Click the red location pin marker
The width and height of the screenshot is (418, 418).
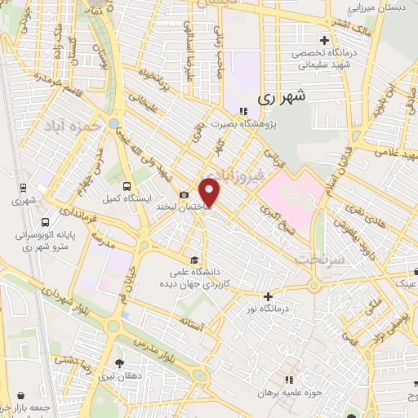click(210, 191)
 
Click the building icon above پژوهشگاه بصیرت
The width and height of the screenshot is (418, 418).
click(242, 111)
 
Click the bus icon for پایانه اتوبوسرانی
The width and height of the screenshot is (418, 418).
click(43, 220)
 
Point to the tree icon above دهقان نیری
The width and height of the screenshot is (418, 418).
click(120, 363)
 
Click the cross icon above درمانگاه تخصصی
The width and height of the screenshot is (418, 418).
click(324, 39)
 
